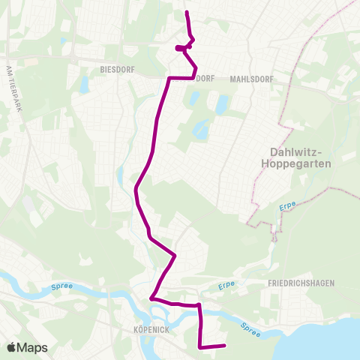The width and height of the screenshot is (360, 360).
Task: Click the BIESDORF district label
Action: pyautogui.click(x=116, y=67)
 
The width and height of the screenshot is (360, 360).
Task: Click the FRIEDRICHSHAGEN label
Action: pyautogui.click(x=301, y=283)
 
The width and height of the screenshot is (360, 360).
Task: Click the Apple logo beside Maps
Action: pyautogui.click(x=12, y=347)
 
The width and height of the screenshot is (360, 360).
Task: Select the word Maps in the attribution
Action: pyautogui.click(x=34, y=347)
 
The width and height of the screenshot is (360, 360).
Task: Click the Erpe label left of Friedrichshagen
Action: pyautogui.click(x=227, y=286)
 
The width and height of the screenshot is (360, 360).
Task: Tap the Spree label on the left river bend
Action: pyautogui.click(x=61, y=286)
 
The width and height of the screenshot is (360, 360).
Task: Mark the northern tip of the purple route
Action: pyautogui.click(x=186, y=13)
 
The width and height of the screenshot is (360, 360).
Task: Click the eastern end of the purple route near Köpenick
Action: pyautogui.click(x=224, y=345)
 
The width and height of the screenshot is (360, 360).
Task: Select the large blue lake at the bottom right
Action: pyautogui.click(x=330, y=337)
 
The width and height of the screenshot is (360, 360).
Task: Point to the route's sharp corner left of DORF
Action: pyautogui.click(x=168, y=78)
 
